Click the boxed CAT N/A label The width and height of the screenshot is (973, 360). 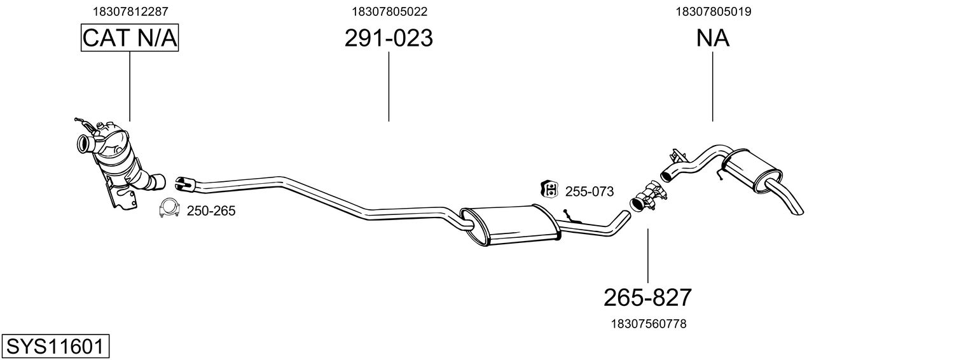pos(130,38)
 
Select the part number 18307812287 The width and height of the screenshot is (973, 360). pos(130,11)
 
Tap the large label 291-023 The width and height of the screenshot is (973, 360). pos(389,38)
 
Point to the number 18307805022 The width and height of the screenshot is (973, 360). pos(389,11)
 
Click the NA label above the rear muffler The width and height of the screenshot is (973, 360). pos(712,38)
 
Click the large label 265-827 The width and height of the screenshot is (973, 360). pos(647,297)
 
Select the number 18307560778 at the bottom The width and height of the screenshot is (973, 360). pos(648,324)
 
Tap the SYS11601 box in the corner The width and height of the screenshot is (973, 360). pos(54,347)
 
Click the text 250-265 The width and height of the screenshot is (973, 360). pos(211,211)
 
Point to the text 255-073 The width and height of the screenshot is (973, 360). pos(590,191)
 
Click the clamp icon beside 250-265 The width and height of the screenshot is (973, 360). pos(169,208)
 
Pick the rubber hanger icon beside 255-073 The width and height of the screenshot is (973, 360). pos(549,189)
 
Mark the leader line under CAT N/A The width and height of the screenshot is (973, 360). pos(130,86)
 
